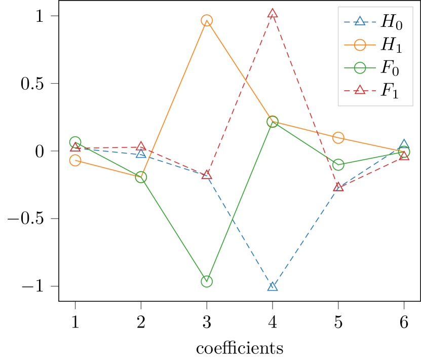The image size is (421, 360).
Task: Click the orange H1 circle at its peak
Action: tap(207, 21)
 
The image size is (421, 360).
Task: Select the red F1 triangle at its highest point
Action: tap(273, 14)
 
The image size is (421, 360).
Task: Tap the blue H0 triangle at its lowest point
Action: tap(273, 286)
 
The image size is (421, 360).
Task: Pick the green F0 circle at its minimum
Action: tap(207, 281)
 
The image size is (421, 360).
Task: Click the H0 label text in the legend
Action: tap(392, 22)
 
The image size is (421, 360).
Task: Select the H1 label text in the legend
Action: tap(392, 45)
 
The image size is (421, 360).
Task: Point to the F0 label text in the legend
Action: tap(390, 68)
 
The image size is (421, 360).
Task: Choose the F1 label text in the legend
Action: tap(390, 91)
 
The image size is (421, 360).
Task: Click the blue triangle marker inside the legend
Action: tap(360, 21)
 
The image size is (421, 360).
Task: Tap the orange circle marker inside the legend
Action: tap(360, 45)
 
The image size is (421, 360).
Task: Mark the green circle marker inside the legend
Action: tap(360, 67)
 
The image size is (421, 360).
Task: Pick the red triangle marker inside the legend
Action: tap(360, 90)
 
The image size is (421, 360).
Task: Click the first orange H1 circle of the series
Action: tap(75, 161)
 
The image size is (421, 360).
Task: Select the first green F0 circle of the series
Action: tap(75, 142)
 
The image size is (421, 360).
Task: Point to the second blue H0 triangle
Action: tap(141, 153)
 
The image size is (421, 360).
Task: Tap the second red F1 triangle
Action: tap(141, 147)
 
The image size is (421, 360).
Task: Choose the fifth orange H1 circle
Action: tap(338, 138)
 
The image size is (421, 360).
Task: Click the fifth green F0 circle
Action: tap(338, 165)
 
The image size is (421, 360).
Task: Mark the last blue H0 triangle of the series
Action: tap(404, 145)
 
